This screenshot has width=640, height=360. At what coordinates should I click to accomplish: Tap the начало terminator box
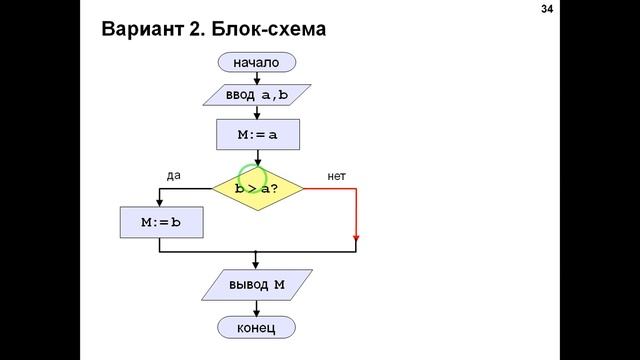click(x=257, y=63)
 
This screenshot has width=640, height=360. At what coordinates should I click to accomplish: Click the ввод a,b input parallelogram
click(x=257, y=95)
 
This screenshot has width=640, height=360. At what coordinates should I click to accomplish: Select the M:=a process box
click(x=257, y=135)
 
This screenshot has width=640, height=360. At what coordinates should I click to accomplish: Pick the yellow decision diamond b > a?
click(x=257, y=188)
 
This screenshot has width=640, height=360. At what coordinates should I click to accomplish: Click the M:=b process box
click(x=160, y=222)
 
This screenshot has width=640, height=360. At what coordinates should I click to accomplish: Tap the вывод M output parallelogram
click(x=257, y=286)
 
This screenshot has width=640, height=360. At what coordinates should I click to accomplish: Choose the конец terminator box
click(x=257, y=327)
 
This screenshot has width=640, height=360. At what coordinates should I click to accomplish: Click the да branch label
click(x=173, y=175)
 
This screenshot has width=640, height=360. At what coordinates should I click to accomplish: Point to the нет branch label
click(x=337, y=177)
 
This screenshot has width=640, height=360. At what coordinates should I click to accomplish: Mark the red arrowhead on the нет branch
click(x=356, y=239)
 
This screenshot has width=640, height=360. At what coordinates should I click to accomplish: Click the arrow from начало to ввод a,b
click(x=257, y=78)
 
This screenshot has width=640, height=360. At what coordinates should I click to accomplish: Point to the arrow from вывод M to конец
click(x=257, y=308)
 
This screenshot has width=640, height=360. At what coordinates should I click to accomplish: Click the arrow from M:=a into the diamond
click(x=257, y=158)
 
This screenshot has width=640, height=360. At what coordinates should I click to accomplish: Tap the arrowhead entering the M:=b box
click(x=160, y=202)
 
